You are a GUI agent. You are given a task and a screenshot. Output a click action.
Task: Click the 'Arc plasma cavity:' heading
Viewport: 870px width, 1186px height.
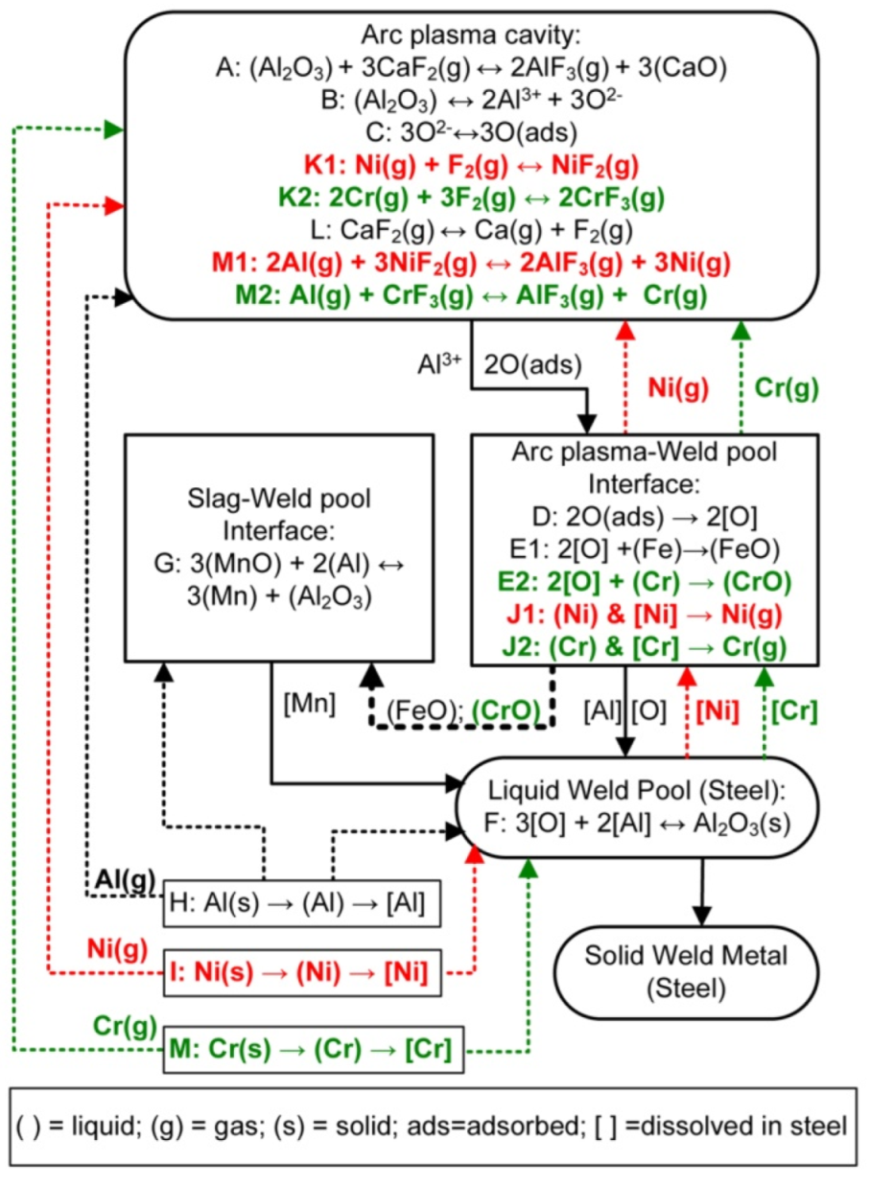click(470, 39)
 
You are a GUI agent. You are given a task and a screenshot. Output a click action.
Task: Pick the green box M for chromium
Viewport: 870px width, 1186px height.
click(310, 1046)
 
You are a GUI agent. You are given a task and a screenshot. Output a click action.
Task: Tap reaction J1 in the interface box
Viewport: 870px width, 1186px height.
click(644, 615)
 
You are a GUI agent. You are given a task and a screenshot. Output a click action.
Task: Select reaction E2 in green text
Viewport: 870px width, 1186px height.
click(644, 583)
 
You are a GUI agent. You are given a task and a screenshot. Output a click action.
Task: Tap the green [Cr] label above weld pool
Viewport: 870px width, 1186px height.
click(794, 710)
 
